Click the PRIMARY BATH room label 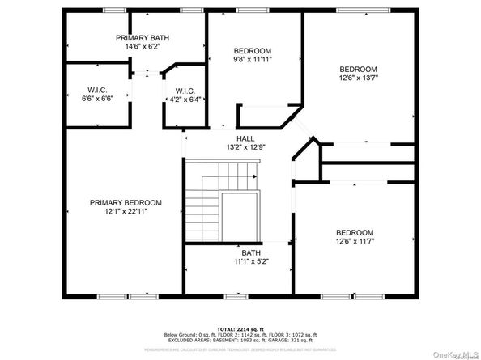click(143, 38)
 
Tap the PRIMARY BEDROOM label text click(126, 202)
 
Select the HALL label click(245, 138)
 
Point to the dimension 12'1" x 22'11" click(126, 211)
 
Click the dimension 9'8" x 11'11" click(253, 59)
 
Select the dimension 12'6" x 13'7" click(358, 78)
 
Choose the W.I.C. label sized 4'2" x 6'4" click(181, 90)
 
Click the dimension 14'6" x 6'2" click(143, 47)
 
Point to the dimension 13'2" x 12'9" click(245, 147)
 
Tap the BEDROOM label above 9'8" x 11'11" click(253, 50)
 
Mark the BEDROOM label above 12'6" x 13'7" click(358, 69)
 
